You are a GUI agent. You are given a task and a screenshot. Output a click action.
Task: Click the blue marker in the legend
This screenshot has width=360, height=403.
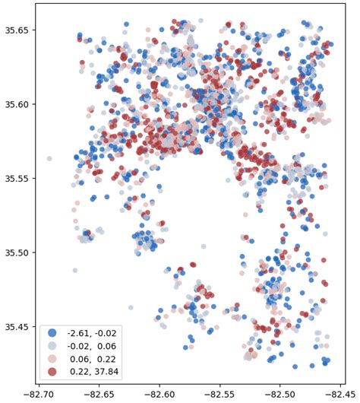[52, 332]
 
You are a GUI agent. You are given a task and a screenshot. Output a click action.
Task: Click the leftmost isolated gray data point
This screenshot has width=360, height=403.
[49, 159]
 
